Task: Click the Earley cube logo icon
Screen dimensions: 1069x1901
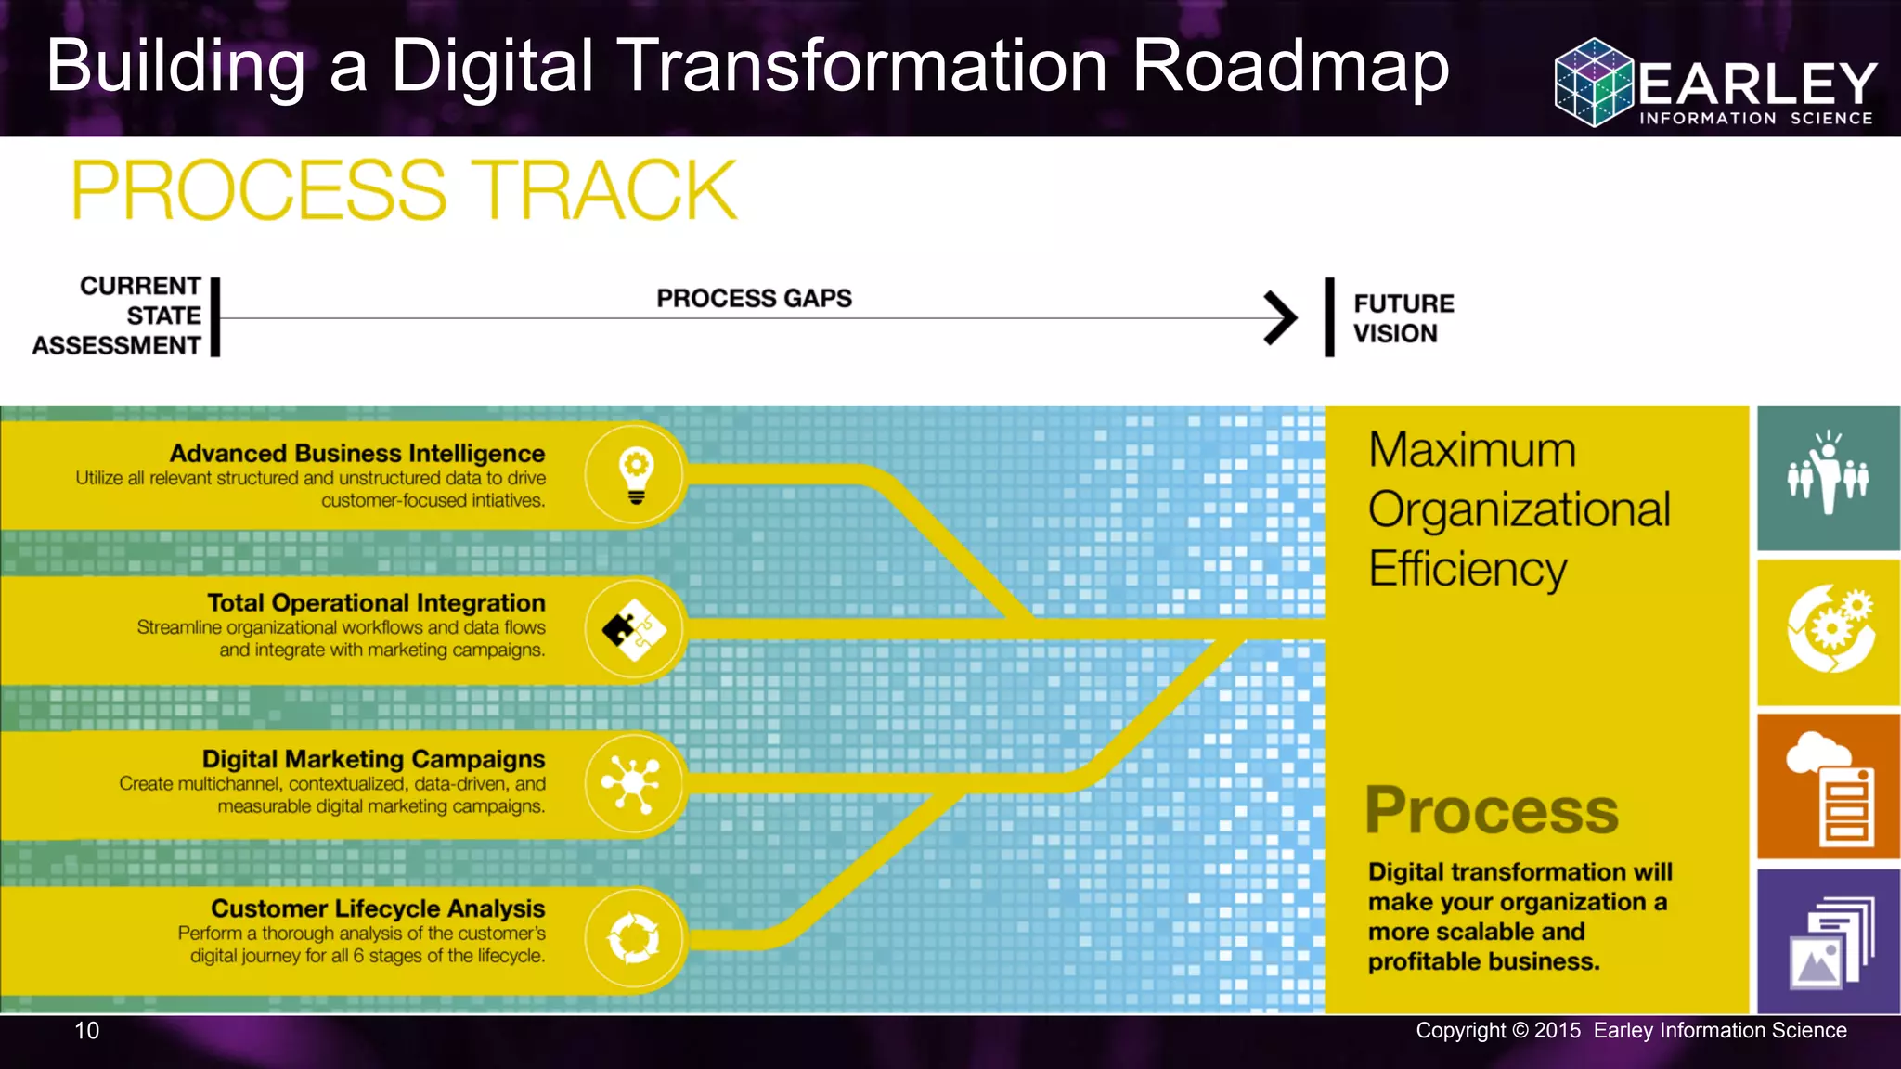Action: pyautogui.click(x=1594, y=83)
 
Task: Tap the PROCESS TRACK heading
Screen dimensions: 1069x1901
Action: pyautogui.click(x=404, y=190)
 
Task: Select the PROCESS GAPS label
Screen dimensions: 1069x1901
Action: pyautogui.click(x=754, y=299)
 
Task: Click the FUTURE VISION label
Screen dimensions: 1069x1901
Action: pyautogui.click(x=1403, y=318)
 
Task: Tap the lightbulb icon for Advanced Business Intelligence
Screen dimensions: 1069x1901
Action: pyautogui.click(x=636, y=475)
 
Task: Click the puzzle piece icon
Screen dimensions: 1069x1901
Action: pyautogui.click(x=635, y=630)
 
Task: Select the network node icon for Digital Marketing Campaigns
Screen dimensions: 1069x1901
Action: pyautogui.click(x=633, y=784)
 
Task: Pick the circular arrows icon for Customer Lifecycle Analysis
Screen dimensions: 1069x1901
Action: pyautogui.click(x=634, y=939)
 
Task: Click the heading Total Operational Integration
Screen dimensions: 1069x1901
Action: pyautogui.click(x=376, y=603)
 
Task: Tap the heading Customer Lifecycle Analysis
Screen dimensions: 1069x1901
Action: pyautogui.click(x=378, y=908)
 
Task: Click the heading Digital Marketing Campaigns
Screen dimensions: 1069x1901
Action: pyautogui.click(x=373, y=759)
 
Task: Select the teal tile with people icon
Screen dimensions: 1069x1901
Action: pyautogui.click(x=1828, y=477)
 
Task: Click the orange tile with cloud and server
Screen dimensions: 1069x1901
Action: pyautogui.click(x=1828, y=787)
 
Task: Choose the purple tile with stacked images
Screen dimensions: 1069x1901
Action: pyautogui.click(x=1828, y=941)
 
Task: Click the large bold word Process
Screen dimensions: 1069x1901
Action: pyautogui.click(x=1492, y=811)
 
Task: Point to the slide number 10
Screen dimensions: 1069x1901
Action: pyautogui.click(x=86, y=1031)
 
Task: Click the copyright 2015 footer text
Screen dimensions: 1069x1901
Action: pyautogui.click(x=1630, y=1031)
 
